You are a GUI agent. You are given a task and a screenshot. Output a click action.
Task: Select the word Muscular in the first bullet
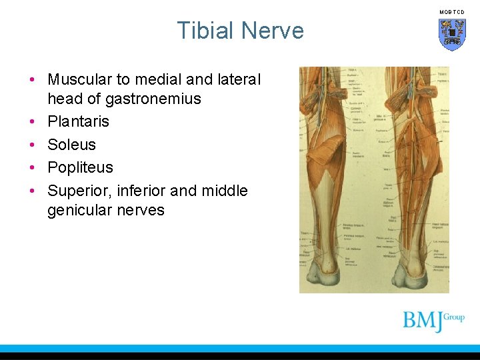(x=79, y=79)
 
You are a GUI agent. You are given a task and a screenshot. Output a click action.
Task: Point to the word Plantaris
(x=78, y=121)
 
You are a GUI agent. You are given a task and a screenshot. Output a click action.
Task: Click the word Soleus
(x=71, y=145)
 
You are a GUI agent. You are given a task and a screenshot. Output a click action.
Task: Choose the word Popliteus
(x=80, y=167)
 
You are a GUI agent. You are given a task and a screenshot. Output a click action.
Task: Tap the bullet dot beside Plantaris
(x=32, y=122)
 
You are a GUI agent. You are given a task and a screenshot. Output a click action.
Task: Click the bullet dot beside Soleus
(x=32, y=145)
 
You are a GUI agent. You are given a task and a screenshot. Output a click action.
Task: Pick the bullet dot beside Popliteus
(x=32, y=167)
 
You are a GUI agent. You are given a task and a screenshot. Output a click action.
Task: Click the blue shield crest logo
(x=452, y=34)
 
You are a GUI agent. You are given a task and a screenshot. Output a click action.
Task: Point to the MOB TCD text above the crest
(x=452, y=12)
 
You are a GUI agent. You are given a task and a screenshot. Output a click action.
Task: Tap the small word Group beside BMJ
(x=454, y=317)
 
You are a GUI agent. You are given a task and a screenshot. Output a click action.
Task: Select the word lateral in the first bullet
(x=238, y=79)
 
